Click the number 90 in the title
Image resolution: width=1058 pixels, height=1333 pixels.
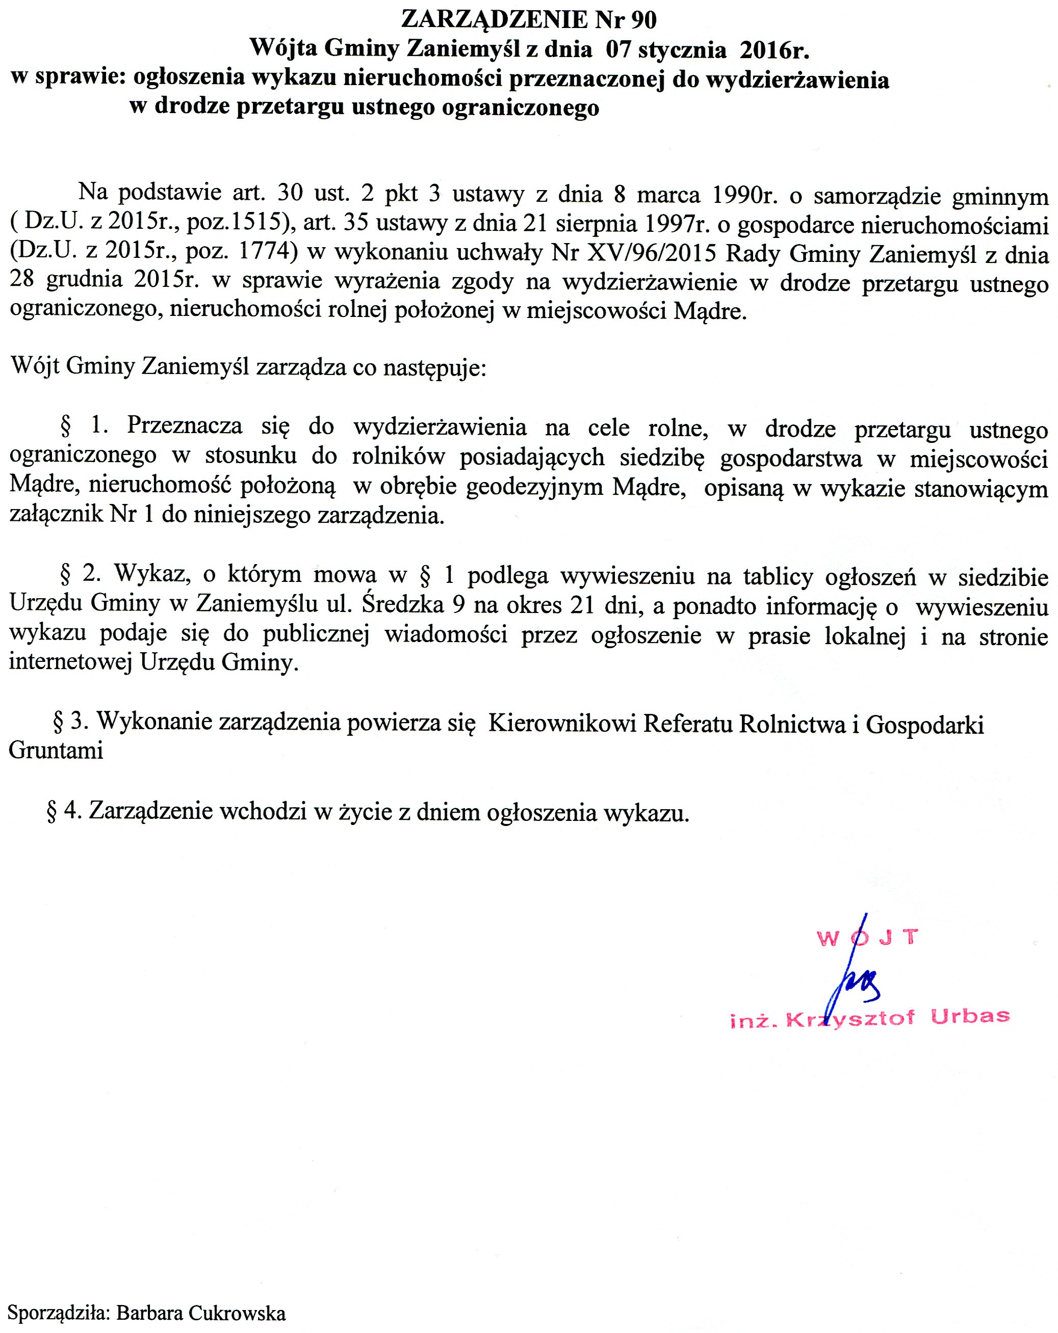click(643, 20)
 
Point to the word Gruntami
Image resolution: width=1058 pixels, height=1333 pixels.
click(56, 751)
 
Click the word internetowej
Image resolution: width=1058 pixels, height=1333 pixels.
click(70, 662)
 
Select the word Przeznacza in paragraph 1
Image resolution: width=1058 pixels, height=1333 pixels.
click(185, 426)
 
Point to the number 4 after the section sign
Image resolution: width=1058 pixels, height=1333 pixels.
click(72, 811)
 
